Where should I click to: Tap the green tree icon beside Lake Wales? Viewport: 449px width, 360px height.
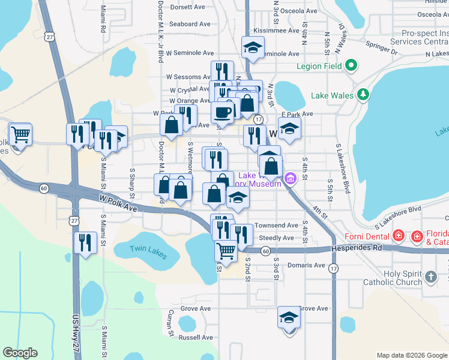(363, 95)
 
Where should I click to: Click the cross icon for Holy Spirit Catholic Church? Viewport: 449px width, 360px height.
(430, 277)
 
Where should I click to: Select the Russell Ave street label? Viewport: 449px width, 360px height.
(196, 337)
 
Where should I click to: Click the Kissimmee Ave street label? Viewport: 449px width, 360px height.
(276, 31)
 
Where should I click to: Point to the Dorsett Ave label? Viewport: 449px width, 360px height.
(188, 7)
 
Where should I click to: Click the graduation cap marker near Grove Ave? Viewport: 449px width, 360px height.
(289, 318)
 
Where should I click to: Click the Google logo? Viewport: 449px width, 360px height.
(20, 353)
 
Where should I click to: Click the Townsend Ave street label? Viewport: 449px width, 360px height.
(276, 226)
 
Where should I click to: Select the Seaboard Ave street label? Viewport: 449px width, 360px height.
(190, 24)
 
